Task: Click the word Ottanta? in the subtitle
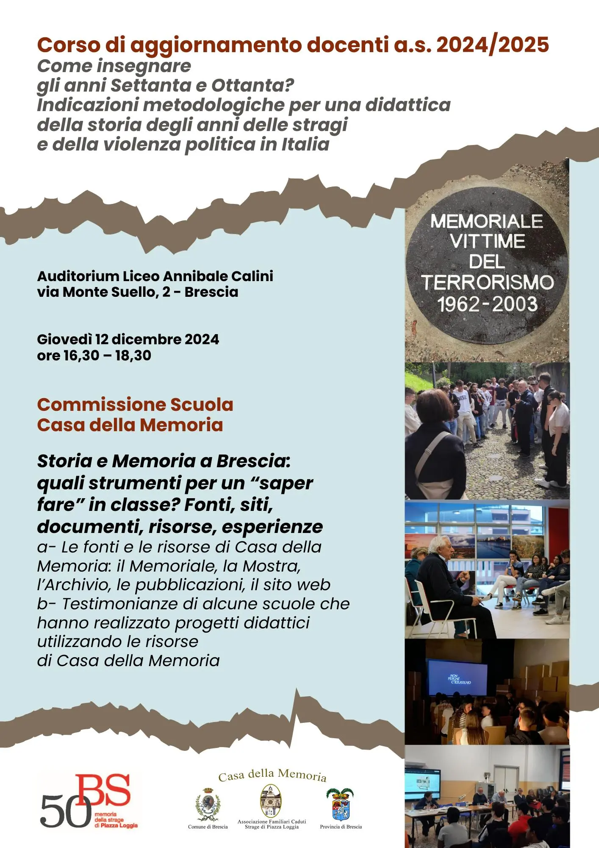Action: pos(252,86)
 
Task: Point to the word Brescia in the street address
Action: pos(211,292)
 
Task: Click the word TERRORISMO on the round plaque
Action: pos(487,283)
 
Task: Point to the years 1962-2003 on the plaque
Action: pos(487,304)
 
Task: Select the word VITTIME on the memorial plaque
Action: pos(487,242)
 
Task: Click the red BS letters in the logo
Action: pos(104,790)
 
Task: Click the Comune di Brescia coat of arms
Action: pos(208,805)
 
